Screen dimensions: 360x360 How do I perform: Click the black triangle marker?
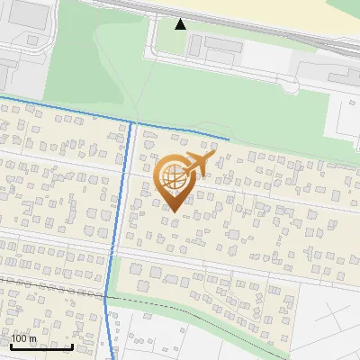tap(180, 23)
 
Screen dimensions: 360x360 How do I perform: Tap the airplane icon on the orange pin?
tap(197, 165)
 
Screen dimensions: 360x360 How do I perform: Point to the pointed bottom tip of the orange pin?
tap(174, 211)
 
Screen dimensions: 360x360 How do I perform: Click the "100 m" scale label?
tap(24, 338)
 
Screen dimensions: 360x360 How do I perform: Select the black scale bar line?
tap(40, 346)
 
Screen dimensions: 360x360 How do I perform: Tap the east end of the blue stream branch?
tap(227, 140)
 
